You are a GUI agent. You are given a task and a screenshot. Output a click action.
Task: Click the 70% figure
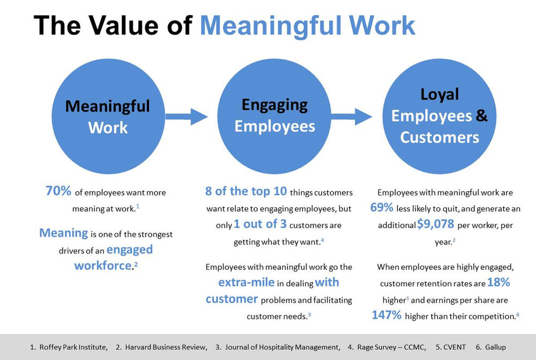pyautogui.click(x=58, y=191)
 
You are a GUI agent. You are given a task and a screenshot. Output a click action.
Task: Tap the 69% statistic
pyautogui.click(x=383, y=208)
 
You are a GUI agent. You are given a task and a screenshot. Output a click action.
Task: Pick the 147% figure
pyautogui.click(x=386, y=315)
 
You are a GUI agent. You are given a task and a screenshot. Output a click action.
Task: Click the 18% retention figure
pyautogui.click(x=498, y=282)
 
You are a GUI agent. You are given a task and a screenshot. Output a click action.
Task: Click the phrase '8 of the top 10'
pyautogui.click(x=247, y=191)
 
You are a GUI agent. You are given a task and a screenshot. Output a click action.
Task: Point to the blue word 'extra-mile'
pyautogui.click(x=246, y=282)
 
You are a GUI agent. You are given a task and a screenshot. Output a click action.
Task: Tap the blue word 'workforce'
pyautogui.click(x=102, y=266)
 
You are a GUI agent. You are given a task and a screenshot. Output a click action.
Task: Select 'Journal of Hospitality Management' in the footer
pyautogui.click(x=282, y=347)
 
